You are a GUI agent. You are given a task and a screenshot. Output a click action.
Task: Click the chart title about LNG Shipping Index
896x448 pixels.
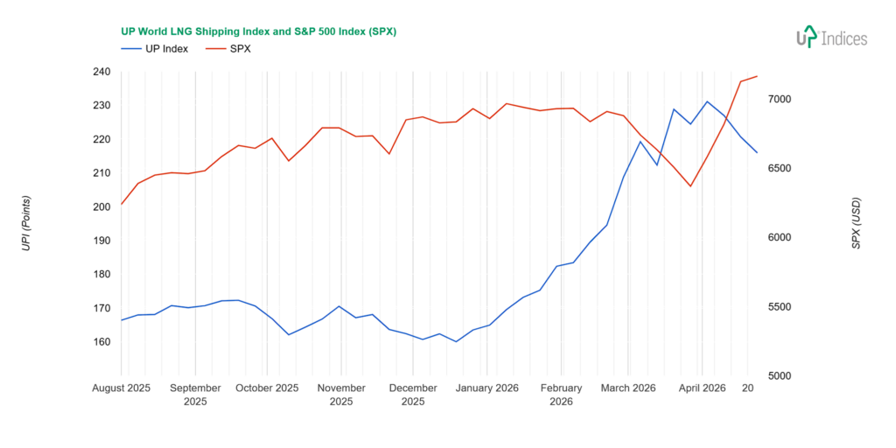(x=258, y=31)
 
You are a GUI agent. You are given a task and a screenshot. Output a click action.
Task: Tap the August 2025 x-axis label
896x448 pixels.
(x=122, y=388)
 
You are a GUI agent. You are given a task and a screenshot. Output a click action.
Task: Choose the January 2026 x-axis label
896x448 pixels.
(x=487, y=388)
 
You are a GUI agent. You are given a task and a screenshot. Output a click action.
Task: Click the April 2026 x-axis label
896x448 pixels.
(x=702, y=388)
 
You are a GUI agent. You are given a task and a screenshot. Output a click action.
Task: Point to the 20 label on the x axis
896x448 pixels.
(x=748, y=388)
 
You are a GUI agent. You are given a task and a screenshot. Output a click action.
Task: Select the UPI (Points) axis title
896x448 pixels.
(x=26, y=224)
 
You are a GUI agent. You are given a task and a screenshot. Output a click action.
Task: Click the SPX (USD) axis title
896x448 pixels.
(x=856, y=224)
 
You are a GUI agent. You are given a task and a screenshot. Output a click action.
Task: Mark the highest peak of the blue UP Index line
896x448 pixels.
(x=708, y=101)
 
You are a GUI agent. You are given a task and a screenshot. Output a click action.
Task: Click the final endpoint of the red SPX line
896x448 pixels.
(x=757, y=76)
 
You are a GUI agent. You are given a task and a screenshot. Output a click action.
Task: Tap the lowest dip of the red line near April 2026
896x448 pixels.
(x=690, y=185)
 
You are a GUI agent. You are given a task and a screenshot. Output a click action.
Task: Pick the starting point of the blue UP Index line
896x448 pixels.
(x=122, y=320)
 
